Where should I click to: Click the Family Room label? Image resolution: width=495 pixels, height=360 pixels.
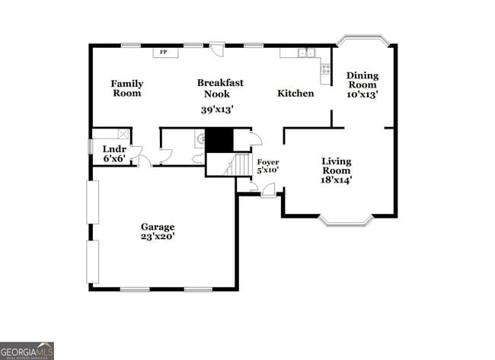126,88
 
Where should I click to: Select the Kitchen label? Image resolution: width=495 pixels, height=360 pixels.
295,94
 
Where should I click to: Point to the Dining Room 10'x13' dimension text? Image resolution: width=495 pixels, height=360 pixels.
362,95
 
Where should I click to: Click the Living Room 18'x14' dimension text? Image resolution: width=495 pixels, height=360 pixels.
336,180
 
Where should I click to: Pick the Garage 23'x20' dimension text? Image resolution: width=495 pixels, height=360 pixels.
158,237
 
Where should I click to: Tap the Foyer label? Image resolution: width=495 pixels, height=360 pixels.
267,162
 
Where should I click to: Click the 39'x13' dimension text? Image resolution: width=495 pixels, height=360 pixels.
216,110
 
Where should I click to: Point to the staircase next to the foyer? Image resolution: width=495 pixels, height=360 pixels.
241,164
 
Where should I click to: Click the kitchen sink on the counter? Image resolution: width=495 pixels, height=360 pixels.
306,53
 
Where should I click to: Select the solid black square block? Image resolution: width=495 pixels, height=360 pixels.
219,140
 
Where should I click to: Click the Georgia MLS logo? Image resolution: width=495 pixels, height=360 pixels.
27,351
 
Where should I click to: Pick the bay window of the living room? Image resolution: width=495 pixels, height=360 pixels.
346,221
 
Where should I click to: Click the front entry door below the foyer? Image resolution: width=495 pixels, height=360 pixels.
269,191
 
